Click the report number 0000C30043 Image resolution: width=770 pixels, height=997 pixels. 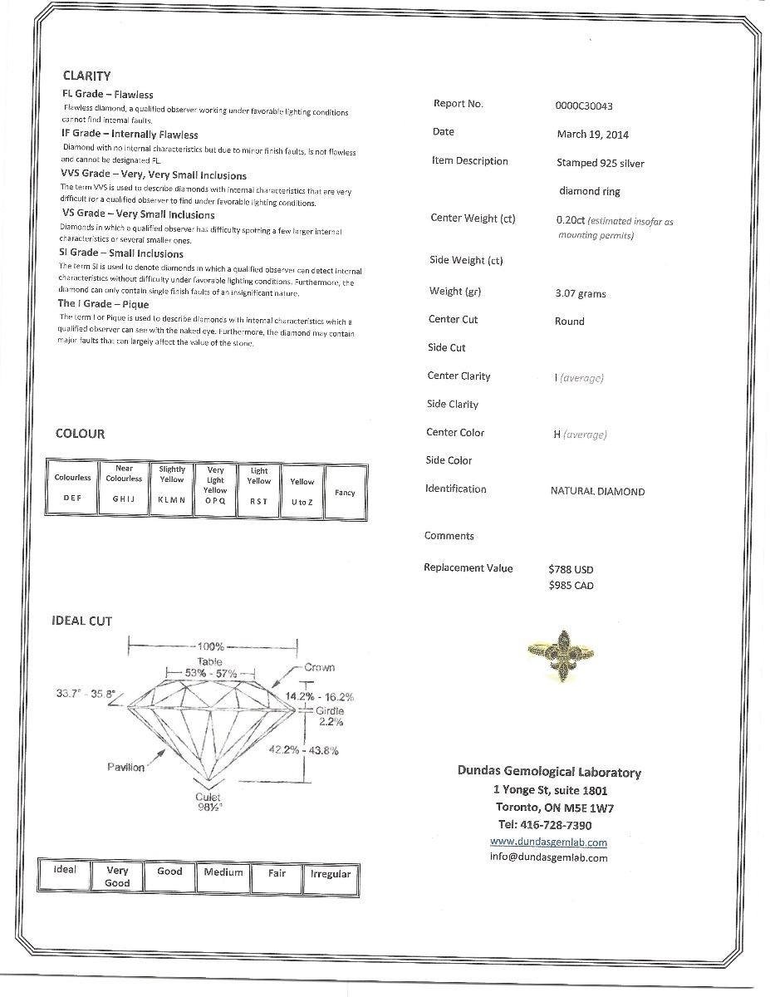(x=584, y=106)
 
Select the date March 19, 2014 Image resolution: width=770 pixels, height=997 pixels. (x=592, y=135)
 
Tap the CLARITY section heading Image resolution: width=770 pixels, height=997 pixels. (x=86, y=76)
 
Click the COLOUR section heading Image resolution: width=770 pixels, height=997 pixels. (x=80, y=434)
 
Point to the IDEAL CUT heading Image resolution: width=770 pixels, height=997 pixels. (x=81, y=621)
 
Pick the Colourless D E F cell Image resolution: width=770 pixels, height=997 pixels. (x=72, y=489)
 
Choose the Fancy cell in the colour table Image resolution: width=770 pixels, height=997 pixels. (x=345, y=493)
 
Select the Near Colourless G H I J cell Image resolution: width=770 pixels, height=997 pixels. (x=124, y=489)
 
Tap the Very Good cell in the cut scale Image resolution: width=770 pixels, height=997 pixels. (x=117, y=877)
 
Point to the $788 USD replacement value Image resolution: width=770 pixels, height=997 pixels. (x=571, y=570)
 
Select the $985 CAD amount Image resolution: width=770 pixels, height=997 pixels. (x=571, y=586)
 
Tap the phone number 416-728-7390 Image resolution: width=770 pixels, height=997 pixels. (x=545, y=825)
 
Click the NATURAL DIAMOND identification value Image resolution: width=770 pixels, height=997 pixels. (x=597, y=492)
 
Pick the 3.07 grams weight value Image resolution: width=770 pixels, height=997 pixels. (x=580, y=294)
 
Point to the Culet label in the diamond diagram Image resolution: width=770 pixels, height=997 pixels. (x=208, y=797)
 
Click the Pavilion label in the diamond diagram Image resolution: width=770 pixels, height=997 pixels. (x=125, y=767)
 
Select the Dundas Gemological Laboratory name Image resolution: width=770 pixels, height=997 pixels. (x=549, y=772)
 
